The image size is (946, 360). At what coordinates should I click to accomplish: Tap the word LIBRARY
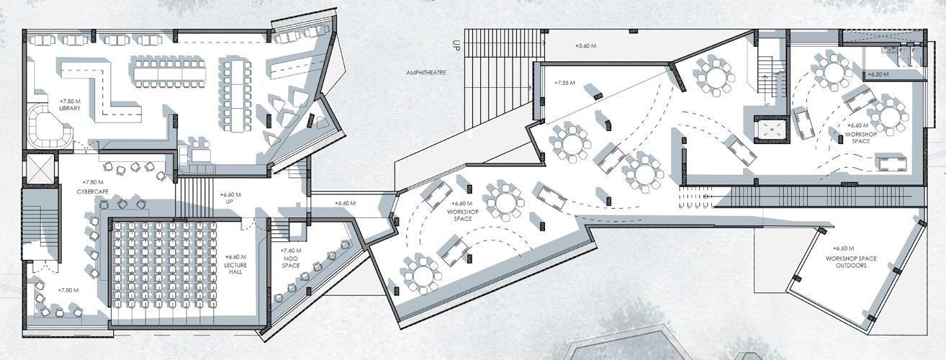(x=69, y=109)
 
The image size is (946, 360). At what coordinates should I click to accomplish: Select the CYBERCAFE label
(x=92, y=192)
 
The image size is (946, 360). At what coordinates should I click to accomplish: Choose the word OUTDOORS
(x=850, y=266)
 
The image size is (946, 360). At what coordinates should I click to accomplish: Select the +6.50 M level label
(x=878, y=74)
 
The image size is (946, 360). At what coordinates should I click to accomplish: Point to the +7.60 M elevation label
(x=292, y=250)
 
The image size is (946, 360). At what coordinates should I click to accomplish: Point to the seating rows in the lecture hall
(x=164, y=270)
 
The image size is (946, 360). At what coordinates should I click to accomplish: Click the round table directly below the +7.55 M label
(x=570, y=142)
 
